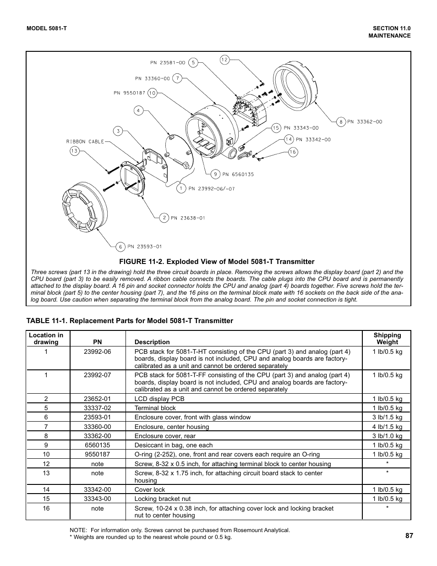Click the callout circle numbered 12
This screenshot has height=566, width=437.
pyautogui.click(x=224, y=60)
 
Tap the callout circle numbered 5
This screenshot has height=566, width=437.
pyautogui.click(x=193, y=62)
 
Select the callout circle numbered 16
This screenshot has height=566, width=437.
pyautogui.click(x=293, y=152)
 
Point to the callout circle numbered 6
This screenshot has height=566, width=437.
pyautogui.click(x=120, y=247)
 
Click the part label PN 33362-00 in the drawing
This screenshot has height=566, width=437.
pyautogui.click(x=365, y=122)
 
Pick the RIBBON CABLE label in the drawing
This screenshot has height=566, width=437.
pyautogui.click(x=85, y=142)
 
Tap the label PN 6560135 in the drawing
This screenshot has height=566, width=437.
pyautogui.click(x=238, y=174)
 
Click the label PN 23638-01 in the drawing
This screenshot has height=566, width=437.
pyautogui.click(x=186, y=218)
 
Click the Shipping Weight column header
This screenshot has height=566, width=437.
pyautogui.click(x=387, y=338)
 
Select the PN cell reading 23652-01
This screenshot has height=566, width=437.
pyautogui.click(x=97, y=399)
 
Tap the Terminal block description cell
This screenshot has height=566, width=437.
pyautogui.click(x=155, y=408)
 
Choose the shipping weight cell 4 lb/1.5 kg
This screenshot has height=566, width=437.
pyautogui.click(x=387, y=427)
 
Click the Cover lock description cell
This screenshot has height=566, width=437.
pyautogui.click(x=149, y=489)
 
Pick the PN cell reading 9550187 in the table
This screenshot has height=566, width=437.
pyautogui.click(x=97, y=454)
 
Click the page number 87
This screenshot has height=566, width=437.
pyautogui.click(x=409, y=534)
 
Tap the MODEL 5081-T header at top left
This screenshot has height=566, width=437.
pyautogui.click(x=47, y=28)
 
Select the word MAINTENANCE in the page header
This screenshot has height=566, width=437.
pyautogui.click(x=389, y=36)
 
